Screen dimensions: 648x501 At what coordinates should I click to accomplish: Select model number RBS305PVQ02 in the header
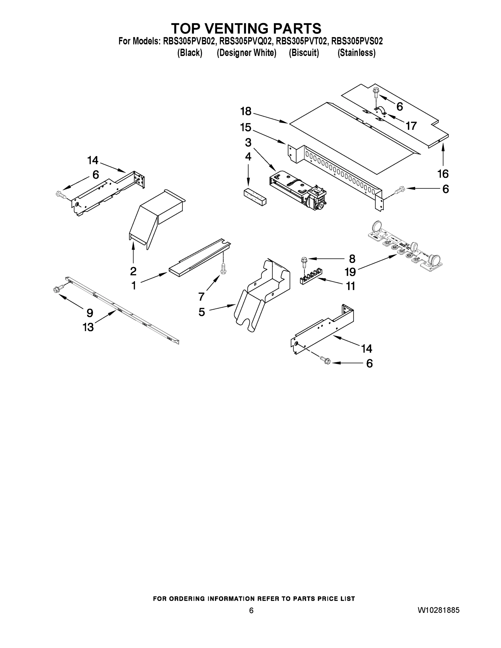pyautogui.click(x=246, y=41)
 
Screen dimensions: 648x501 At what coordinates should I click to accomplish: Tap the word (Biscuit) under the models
pyautogui.click(x=304, y=53)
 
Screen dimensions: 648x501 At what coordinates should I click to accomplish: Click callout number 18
pyautogui.click(x=246, y=112)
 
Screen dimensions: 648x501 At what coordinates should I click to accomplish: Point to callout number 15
pyautogui.click(x=246, y=128)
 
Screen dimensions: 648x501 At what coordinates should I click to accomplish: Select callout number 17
pyautogui.click(x=411, y=126)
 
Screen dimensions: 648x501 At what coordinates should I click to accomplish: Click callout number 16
pyautogui.click(x=443, y=174)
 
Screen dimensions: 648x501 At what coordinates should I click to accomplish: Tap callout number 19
pyautogui.click(x=350, y=272)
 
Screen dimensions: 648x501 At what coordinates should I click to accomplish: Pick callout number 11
pyautogui.click(x=351, y=286)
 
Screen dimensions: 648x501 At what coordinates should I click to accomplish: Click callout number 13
pyautogui.click(x=88, y=327)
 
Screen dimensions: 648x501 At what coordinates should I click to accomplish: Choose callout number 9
pyautogui.click(x=90, y=313)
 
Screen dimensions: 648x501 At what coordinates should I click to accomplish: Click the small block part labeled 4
pyautogui.click(x=255, y=196)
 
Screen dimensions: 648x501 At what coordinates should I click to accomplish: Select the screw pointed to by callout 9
pyautogui.click(x=58, y=289)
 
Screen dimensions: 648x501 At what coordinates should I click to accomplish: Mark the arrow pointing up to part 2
pyautogui.click(x=133, y=252)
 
